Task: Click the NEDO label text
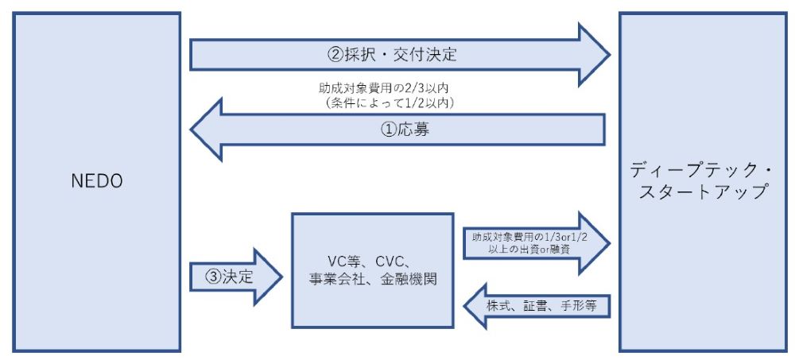click(97, 181)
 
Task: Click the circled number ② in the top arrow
click(335, 56)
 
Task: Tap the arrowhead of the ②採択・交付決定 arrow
click(592, 55)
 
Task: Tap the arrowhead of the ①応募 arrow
click(208, 128)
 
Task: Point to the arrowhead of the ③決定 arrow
click(270, 277)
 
